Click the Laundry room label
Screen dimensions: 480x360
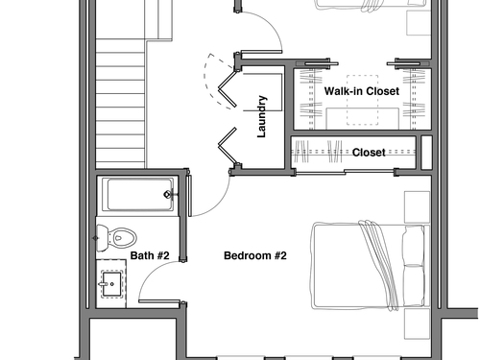coord(261,116)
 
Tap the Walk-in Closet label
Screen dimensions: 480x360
coord(362,91)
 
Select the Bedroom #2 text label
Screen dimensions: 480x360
coord(255,255)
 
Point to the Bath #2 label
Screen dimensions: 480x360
coord(150,255)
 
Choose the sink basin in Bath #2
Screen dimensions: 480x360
coord(111,284)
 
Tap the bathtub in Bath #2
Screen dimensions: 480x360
coord(138,195)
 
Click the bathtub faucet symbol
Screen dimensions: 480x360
coord(169,194)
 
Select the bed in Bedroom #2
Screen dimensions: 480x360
coord(370,266)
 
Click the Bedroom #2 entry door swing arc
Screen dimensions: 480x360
coord(218,204)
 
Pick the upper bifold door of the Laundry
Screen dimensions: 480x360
coord(228,88)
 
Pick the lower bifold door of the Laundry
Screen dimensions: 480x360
coord(228,146)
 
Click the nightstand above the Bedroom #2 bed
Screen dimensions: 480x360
coord(417,207)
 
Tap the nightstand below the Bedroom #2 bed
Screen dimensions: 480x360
coord(417,324)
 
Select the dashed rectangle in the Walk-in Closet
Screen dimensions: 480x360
coord(362,100)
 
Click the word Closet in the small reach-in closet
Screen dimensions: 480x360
coord(369,153)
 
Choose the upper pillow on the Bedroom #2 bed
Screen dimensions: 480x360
coord(414,245)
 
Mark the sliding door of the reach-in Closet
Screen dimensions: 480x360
coord(345,173)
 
